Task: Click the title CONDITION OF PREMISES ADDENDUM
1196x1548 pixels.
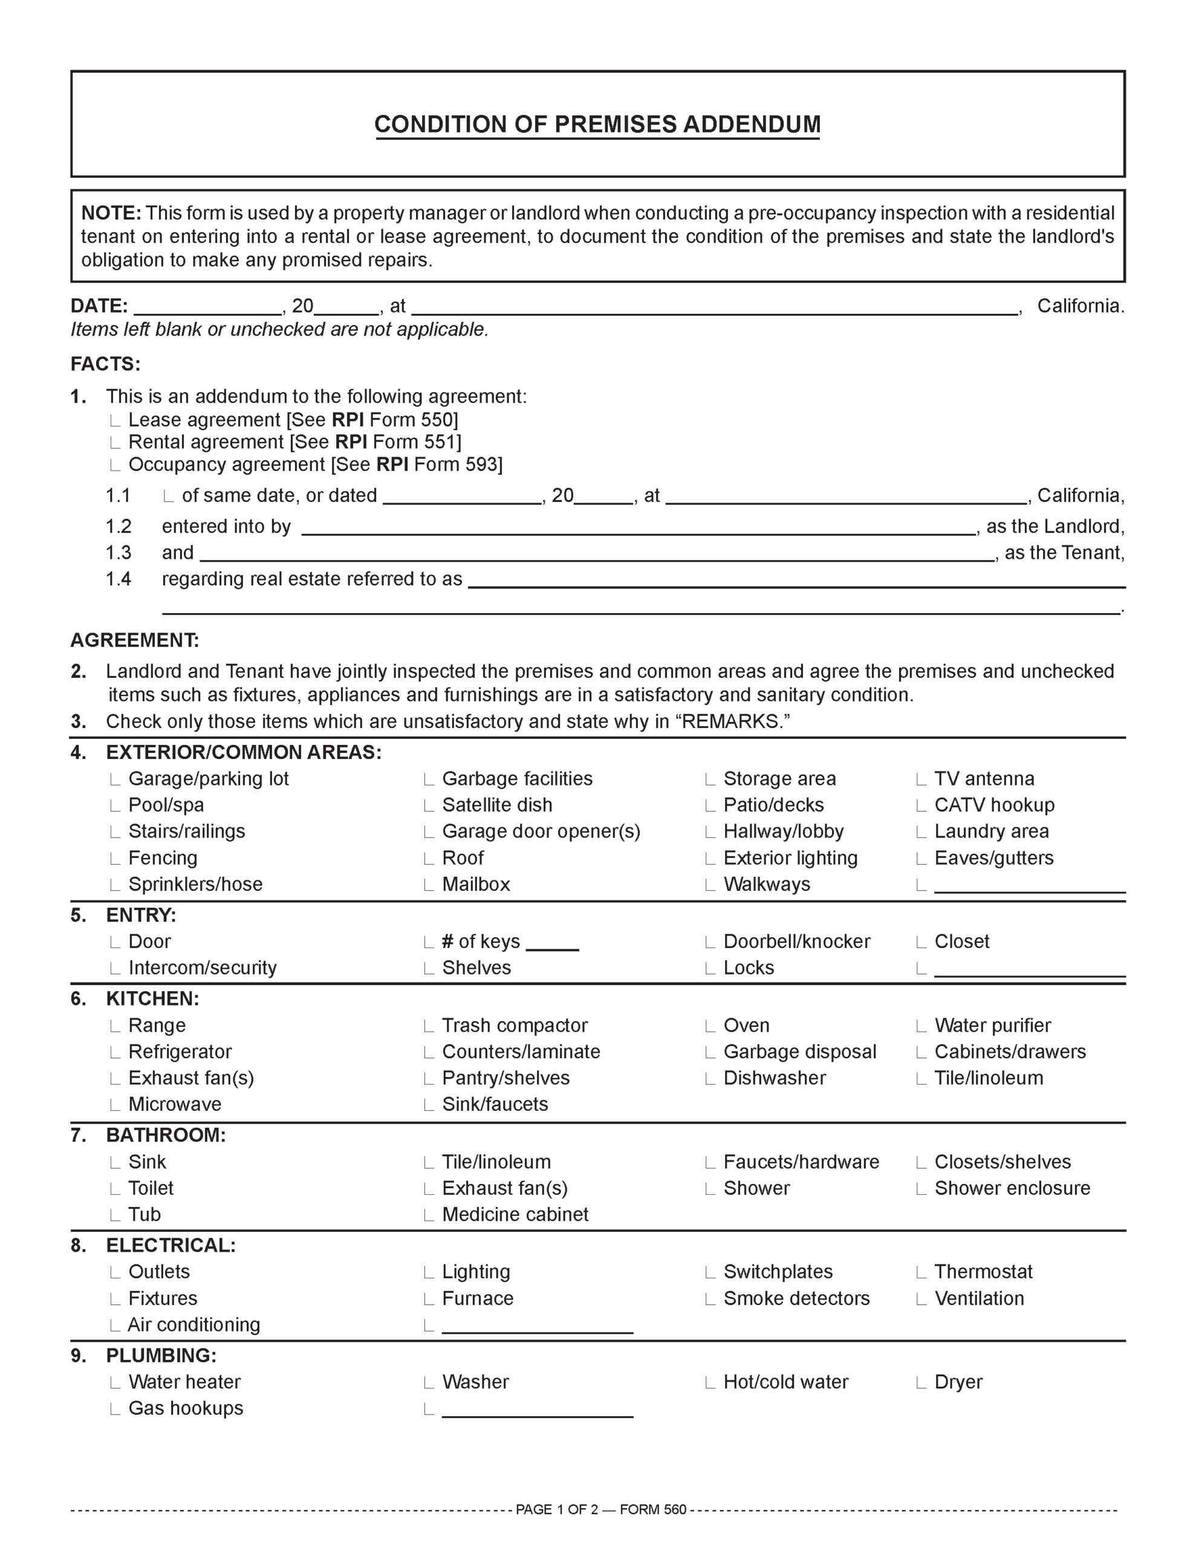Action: (x=597, y=124)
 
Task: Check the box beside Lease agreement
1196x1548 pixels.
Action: (x=115, y=421)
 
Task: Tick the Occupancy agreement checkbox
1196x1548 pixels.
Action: (x=115, y=466)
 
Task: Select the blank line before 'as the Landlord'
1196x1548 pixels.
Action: (x=638, y=528)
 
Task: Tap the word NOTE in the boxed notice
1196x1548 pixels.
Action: (x=111, y=213)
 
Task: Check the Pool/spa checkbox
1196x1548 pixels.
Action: (x=115, y=807)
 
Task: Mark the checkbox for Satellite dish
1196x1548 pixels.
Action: (x=429, y=807)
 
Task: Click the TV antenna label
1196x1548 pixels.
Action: (x=984, y=779)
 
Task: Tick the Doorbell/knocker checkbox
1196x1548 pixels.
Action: (x=710, y=943)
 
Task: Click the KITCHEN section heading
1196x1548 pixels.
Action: (x=152, y=999)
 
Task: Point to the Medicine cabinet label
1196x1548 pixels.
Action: (x=515, y=1215)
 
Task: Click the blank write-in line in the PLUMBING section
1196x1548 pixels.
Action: (x=538, y=1411)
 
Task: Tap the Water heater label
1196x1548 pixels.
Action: (x=184, y=1382)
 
